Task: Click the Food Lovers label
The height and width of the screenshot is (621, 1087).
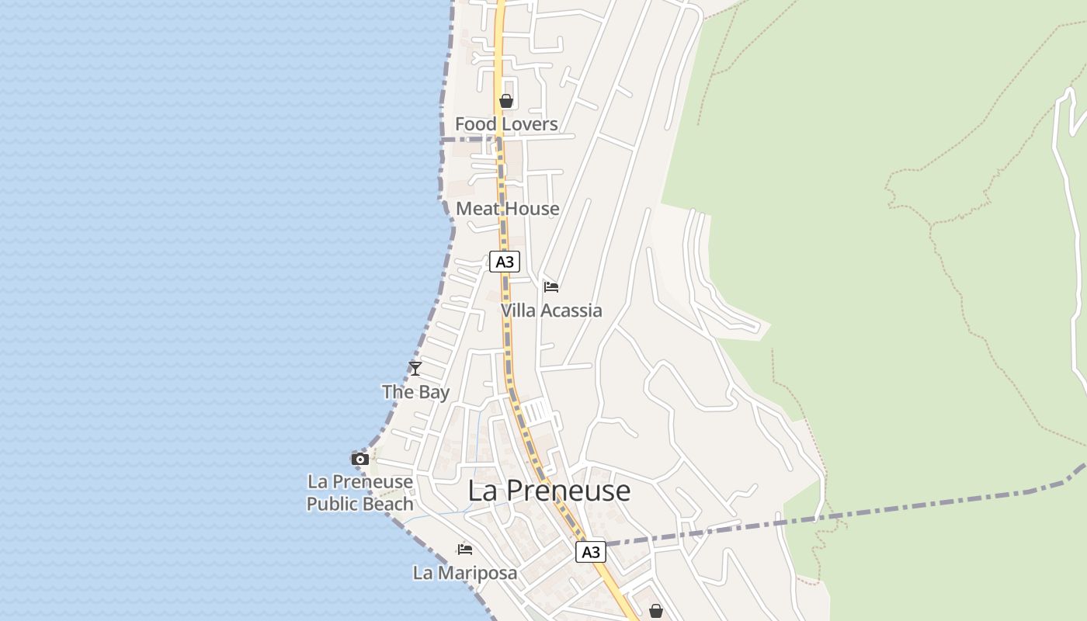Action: tap(506, 124)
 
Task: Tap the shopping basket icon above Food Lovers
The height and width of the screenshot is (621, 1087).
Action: tap(506, 101)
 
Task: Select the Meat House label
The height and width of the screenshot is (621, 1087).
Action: tap(508, 209)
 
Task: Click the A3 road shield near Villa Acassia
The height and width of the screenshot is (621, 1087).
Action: tap(505, 262)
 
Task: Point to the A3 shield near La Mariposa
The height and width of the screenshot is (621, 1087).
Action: tap(591, 552)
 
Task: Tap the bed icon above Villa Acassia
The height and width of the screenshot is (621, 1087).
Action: tap(551, 287)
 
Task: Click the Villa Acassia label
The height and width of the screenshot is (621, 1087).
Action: tap(551, 310)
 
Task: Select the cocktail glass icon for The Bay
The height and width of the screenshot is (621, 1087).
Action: tap(415, 369)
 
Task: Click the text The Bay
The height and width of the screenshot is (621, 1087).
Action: tap(415, 392)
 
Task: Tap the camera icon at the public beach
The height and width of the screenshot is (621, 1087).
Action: tap(359, 459)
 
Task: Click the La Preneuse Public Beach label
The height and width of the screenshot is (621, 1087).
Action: tap(360, 493)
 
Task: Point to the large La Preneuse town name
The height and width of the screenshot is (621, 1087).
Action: tap(549, 491)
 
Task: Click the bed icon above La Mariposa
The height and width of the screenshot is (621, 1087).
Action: tap(465, 550)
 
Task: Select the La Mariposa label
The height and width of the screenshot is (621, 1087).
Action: tap(465, 573)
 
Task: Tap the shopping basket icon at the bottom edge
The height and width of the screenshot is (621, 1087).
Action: tap(656, 611)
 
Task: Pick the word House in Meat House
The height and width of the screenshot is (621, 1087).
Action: tap(533, 209)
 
